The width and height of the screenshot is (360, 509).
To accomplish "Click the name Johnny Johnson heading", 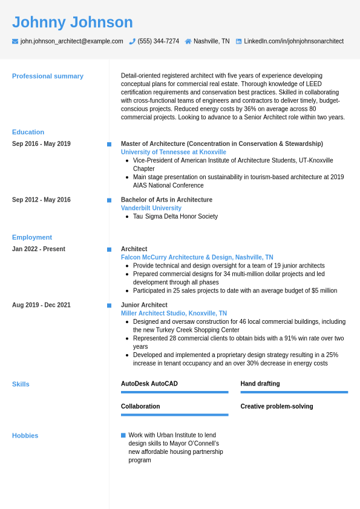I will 73,22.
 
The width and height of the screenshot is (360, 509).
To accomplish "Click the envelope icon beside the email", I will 15,41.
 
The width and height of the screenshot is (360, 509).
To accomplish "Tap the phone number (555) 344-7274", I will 158,41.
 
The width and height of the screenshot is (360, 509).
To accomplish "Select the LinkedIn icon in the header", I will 238,41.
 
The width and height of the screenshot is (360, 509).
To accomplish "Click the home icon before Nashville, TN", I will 188,41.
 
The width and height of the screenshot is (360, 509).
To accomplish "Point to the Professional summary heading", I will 48,76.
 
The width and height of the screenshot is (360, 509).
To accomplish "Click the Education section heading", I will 28,132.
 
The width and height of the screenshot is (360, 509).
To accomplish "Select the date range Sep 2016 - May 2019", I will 41,144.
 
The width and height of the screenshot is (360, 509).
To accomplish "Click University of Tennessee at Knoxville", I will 174,152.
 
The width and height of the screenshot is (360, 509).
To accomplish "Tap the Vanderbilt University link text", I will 151,208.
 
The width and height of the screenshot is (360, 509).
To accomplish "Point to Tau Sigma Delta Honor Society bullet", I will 175,217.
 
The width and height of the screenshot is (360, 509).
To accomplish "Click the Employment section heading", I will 32,237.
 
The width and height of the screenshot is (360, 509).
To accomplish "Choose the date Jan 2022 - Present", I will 39,249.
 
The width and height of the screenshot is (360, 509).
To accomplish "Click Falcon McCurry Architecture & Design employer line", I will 197,257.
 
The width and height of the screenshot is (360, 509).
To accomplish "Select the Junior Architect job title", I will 144,305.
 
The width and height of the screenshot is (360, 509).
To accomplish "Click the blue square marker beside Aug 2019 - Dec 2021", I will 110,306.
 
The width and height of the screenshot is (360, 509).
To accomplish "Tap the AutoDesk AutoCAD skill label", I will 149,384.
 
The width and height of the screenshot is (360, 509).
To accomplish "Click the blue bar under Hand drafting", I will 294,392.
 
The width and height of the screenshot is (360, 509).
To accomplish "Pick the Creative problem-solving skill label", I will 277,407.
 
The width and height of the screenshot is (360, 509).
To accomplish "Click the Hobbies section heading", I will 25,436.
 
